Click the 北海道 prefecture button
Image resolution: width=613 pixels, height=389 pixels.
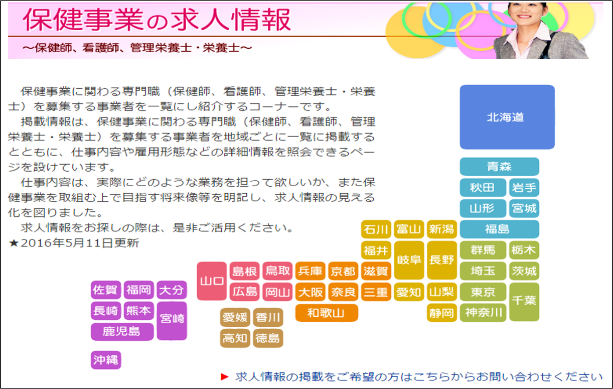pyautogui.click(x=507, y=117)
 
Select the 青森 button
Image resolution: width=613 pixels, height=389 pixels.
pyautogui.click(x=500, y=167)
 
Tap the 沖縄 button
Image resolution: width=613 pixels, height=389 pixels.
pyautogui.click(x=106, y=360)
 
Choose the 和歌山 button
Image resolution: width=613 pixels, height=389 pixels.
pyautogui.click(x=327, y=313)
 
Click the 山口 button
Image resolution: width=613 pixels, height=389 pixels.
pyautogui.click(x=212, y=281)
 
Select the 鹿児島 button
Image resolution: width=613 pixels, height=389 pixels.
pyautogui.click(x=122, y=331)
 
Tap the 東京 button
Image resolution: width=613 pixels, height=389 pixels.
pyautogui.click(x=483, y=292)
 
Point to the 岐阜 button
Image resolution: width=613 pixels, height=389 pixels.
pyautogui.click(x=409, y=260)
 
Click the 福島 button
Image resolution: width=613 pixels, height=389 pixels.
pyautogui.click(x=500, y=229)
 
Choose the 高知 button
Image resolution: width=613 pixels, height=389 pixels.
pyautogui.click(x=235, y=338)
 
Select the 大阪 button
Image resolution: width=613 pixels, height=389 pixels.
pyautogui.click(x=311, y=292)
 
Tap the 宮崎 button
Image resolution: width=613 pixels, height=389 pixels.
pyautogui.click(x=172, y=321)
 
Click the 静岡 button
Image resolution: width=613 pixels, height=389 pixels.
pyautogui.click(x=441, y=313)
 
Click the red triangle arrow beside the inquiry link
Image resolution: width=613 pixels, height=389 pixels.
pyautogui.click(x=224, y=377)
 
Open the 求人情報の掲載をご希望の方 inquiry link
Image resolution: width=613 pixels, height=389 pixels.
pyautogui.click(x=419, y=377)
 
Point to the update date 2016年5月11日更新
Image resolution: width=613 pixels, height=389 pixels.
pyautogui.click(x=74, y=243)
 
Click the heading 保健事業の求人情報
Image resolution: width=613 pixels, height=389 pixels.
pyautogui.click(x=157, y=20)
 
